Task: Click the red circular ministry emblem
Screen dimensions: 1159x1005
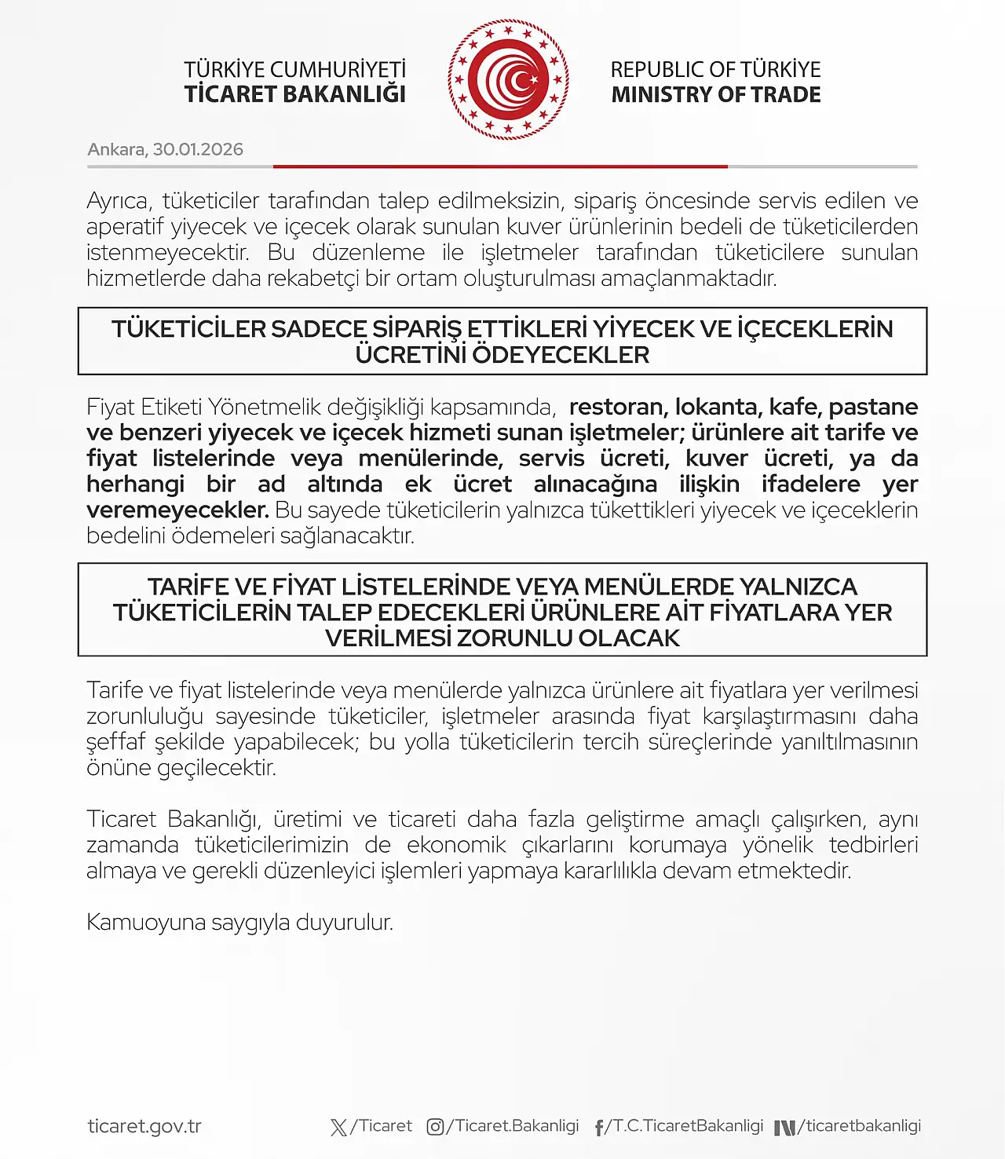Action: pos(508,80)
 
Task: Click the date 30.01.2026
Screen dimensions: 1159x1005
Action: pos(198,149)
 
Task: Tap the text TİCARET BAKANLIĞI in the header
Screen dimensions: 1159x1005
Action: pos(294,94)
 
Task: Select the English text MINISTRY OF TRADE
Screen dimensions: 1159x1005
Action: pos(715,94)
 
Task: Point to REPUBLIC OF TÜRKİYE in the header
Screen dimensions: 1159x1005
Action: pos(715,69)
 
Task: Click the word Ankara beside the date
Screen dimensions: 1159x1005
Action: pos(115,149)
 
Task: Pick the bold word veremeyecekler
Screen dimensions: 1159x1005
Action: pos(177,510)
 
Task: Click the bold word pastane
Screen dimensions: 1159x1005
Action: pos(873,407)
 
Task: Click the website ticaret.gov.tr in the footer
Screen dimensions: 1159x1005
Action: pos(144,1126)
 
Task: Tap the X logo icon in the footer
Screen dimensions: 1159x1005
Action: pos(338,1128)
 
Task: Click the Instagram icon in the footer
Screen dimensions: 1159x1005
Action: pos(435,1127)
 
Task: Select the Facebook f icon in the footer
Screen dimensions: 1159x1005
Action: pos(599,1128)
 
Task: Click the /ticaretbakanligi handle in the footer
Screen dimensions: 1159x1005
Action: pos(859,1125)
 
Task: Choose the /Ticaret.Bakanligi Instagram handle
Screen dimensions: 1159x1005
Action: pos(513,1125)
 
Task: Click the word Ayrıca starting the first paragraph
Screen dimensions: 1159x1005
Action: pos(118,201)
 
